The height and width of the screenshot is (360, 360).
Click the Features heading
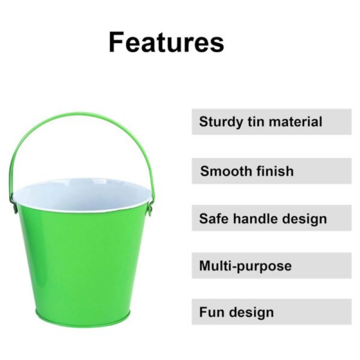pos(166,42)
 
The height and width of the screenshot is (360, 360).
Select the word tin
pos(256,121)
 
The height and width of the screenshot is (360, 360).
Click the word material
pos(296,121)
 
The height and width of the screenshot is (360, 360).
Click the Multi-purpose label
pos(245,266)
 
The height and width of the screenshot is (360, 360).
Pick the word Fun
pos(211,312)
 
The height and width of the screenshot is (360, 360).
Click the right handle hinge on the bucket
pos(150,208)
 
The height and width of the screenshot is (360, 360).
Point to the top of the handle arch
pos(78,113)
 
